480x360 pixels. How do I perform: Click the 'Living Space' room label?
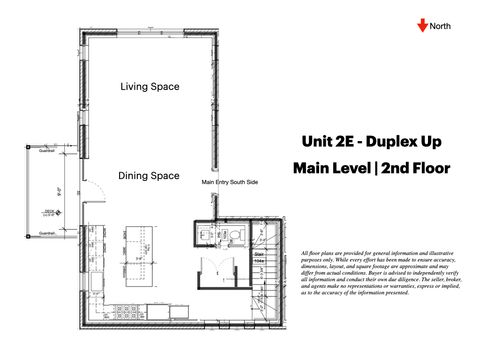tap(150, 87)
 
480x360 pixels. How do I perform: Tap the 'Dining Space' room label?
tap(150, 174)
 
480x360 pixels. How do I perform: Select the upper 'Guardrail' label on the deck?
tap(46, 151)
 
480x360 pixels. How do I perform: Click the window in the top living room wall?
tap(150, 33)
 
